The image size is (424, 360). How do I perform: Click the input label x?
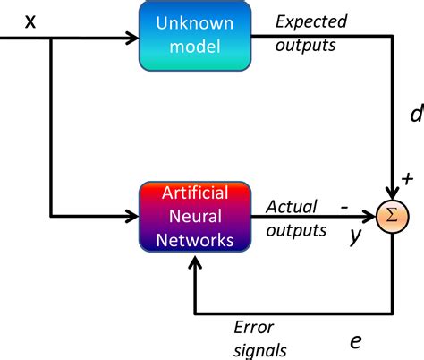pyautogui.click(x=30, y=19)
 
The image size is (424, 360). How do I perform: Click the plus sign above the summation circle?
pyautogui.click(x=408, y=179)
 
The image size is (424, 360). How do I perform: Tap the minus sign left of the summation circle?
pyautogui.click(x=343, y=205)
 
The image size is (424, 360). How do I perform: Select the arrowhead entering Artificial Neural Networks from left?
pyautogui.click(x=132, y=216)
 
